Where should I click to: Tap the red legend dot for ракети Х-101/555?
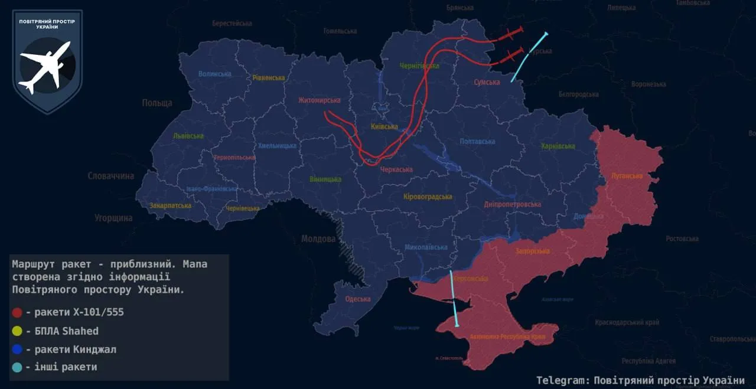(x=17, y=313)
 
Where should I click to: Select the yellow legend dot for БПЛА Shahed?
(x=17, y=331)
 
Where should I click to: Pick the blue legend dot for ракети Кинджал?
(x=17, y=349)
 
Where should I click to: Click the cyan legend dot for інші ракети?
(x=17, y=367)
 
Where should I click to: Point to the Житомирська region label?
(x=320, y=100)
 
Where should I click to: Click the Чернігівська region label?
(x=419, y=66)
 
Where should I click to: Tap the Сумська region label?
(x=487, y=83)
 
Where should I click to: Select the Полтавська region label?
(x=477, y=142)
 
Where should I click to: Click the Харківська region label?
(x=558, y=146)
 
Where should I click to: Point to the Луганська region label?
(x=627, y=176)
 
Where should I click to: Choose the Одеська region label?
(x=357, y=299)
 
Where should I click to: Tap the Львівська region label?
(x=188, y=136)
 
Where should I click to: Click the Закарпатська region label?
(x=170, y=206)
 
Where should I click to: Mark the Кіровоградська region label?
(x=428, y=197)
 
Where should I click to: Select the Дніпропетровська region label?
(x=512, y=204)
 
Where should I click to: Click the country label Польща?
(x=157, y=103)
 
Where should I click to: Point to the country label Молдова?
(x=318, y=239)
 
